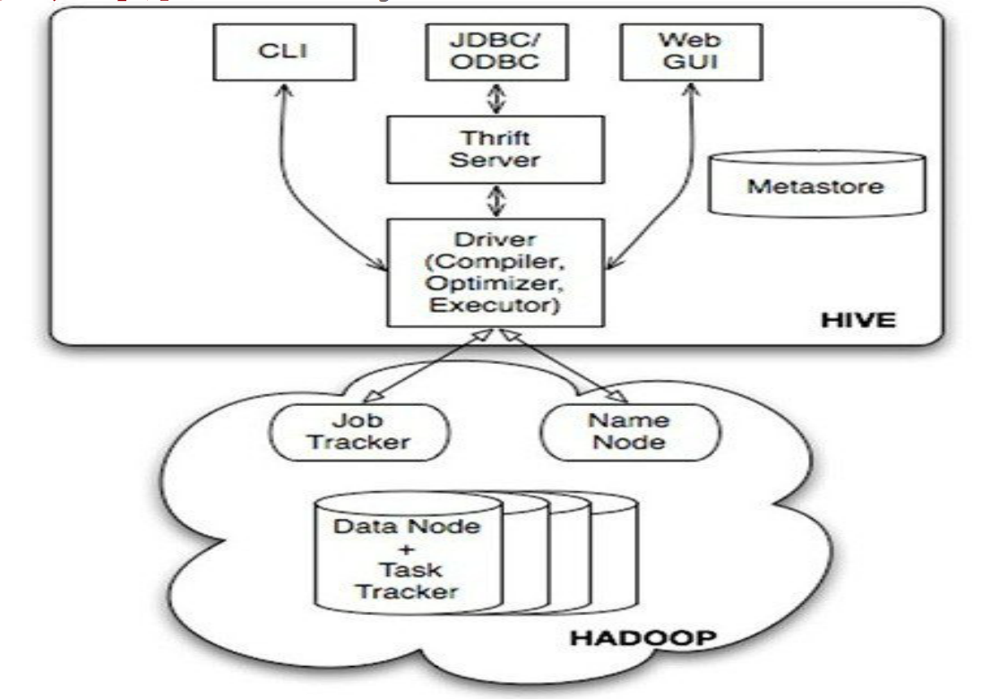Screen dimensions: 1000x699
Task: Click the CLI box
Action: (284, 52)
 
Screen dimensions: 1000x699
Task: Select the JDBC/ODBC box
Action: (496, 52)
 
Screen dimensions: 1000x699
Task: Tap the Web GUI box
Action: (692, 52)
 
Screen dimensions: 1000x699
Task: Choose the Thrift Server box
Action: (496, 150)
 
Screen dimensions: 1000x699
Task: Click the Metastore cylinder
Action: (817, 184)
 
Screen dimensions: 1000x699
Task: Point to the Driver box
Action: (496, 273)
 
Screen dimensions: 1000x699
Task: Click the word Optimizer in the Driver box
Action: (495, 283)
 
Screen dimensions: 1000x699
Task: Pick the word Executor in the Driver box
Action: (495, 305)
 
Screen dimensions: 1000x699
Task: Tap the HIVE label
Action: (858, 320)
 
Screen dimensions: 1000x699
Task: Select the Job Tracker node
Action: (359, 432)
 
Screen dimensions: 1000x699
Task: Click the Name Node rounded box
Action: (630, 432)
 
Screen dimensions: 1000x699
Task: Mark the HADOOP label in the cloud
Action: (642, 638)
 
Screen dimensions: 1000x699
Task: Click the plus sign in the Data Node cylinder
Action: (406, 549)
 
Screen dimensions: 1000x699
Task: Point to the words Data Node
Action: (407, 527)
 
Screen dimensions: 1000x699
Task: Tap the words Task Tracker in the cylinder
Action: (409, 581)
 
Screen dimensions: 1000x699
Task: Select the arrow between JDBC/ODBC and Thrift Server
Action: (496, 99)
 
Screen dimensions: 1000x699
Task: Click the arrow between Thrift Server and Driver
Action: (496, 201)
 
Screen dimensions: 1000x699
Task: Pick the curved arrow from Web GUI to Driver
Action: (681, 192)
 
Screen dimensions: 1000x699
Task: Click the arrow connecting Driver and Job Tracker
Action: (428, 366)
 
